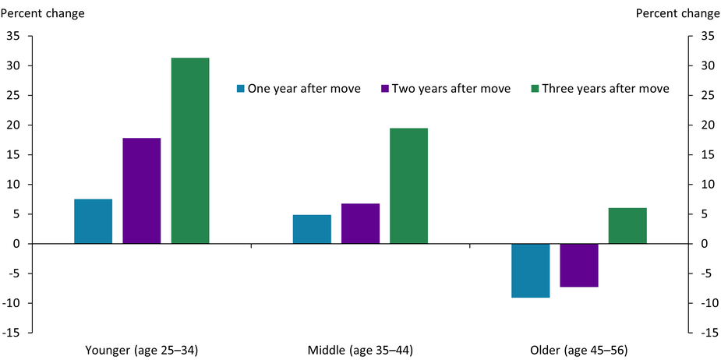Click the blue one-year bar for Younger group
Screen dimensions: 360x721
coord(93,221)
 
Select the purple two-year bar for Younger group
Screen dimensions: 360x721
coord(141,191)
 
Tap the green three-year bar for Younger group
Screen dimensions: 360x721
coord(190,150)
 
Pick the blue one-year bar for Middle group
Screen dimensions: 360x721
coord(312,229)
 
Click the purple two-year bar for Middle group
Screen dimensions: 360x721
coord(360,224)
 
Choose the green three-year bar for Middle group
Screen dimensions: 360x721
coord(408,185)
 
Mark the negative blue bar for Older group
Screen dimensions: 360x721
coord(531,270)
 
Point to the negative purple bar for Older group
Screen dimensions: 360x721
coord(579,265)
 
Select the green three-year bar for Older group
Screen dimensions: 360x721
coord(627,226)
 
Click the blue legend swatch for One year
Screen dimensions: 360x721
coord(241,89)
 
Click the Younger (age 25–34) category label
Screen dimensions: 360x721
coord(141,350)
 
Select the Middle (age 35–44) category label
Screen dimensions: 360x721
coord(360,350)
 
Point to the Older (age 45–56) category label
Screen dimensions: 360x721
coord(579,350)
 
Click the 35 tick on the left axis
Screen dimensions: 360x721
coord(13,36)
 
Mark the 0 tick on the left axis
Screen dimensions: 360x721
coord(16,244)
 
